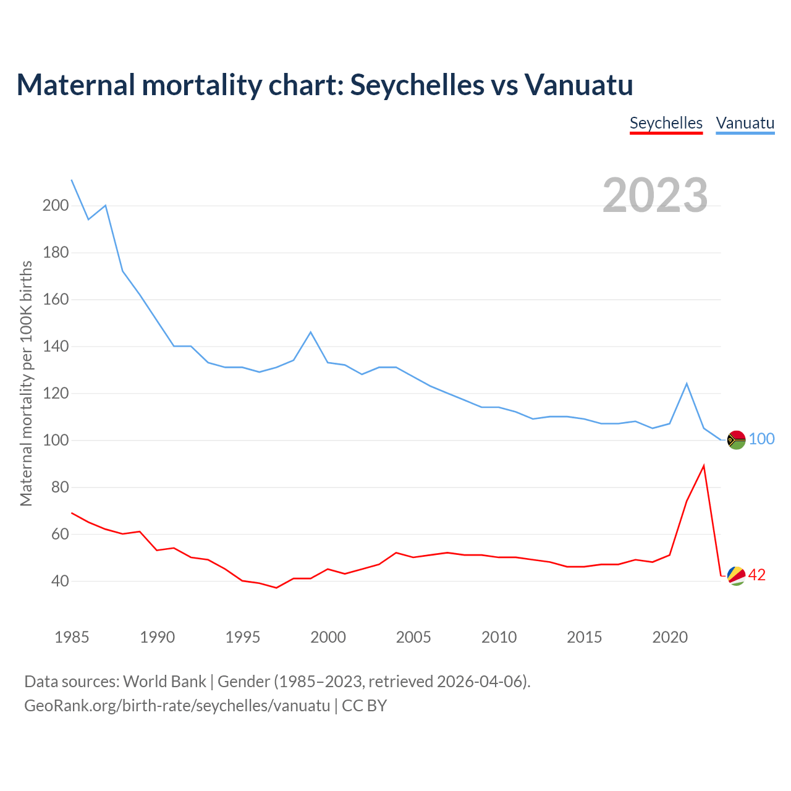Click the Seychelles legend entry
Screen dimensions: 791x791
pos(666,123)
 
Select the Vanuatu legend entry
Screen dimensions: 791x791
pos(745,123)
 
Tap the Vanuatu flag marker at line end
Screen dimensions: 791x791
pos(736,440)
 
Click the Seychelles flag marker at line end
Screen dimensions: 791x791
pos(736,576)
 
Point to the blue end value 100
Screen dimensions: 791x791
pos(761,439)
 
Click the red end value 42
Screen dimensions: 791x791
pos(757,575)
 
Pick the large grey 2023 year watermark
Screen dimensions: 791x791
pos(655,195)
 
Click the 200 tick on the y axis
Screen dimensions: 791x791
pos(55,206)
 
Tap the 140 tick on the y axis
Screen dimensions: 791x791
pos(55,347)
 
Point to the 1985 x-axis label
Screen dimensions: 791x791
pos(72,637)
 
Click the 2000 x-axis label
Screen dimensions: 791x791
pos(328,637)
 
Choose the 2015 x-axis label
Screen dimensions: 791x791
pos(584,637)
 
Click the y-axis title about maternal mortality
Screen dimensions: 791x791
pos(26,383)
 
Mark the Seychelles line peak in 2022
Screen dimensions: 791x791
pos(704,466)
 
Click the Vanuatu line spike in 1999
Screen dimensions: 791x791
pos(311,332)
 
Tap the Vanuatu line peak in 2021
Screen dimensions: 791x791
pos(687,384)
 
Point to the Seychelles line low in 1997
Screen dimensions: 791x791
pos(276,588)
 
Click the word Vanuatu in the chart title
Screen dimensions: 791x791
pos(579,85)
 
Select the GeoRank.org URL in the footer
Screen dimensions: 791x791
pos(177,706)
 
